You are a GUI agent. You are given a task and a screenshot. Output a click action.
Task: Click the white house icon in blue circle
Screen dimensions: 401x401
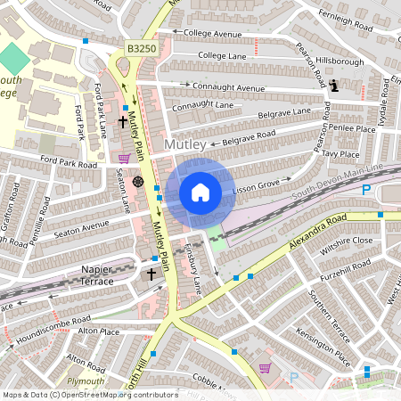pyautogui.click(x=200, y=192)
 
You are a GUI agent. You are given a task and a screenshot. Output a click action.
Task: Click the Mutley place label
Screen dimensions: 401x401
pyautogui.click(x=186, y=143)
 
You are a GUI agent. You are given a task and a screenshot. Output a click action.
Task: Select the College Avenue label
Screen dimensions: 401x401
pyautogui.click(x=209, y=35)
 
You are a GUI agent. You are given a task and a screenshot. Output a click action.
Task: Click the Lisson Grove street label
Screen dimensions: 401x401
pyautogui.click(x=257, y=188)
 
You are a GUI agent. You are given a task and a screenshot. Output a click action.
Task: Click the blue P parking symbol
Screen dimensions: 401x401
pyautogui.click(x=365, y=191)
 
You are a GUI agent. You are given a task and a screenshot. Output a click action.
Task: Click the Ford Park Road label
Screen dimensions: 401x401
pyautogui.click(x=68, y=164)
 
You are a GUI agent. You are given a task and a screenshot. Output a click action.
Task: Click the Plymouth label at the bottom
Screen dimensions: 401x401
pyautogui.click(x=86, y=381)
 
